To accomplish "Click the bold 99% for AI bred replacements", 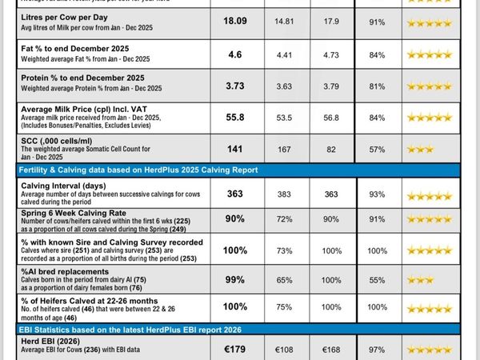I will (x=235, y=279).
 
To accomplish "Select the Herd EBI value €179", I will (x=235, y=348).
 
